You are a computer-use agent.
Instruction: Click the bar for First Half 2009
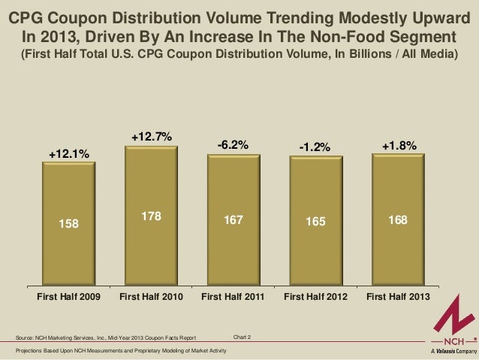[x=68, y=225]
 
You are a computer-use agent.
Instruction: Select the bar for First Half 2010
[x=151, y=218]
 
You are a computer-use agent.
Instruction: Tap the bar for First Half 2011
[x=233, y=222]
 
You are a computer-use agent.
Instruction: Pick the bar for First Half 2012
[x=315, y=222]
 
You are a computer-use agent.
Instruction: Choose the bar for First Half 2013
[x=398, y=221]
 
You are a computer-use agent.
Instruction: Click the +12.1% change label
[x=69, y=154]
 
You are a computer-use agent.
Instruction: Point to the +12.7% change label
[x=152, y=137]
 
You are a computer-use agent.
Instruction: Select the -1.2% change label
[x=315, y=147]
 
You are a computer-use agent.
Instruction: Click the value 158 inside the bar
[x=69, y=222]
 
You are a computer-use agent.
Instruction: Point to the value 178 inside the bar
[x=152, y=216]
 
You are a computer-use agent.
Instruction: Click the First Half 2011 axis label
[x=233, y=297]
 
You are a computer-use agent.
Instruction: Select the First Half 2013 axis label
[x=398, y=297]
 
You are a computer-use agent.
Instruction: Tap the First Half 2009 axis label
[x=69, y=297]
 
